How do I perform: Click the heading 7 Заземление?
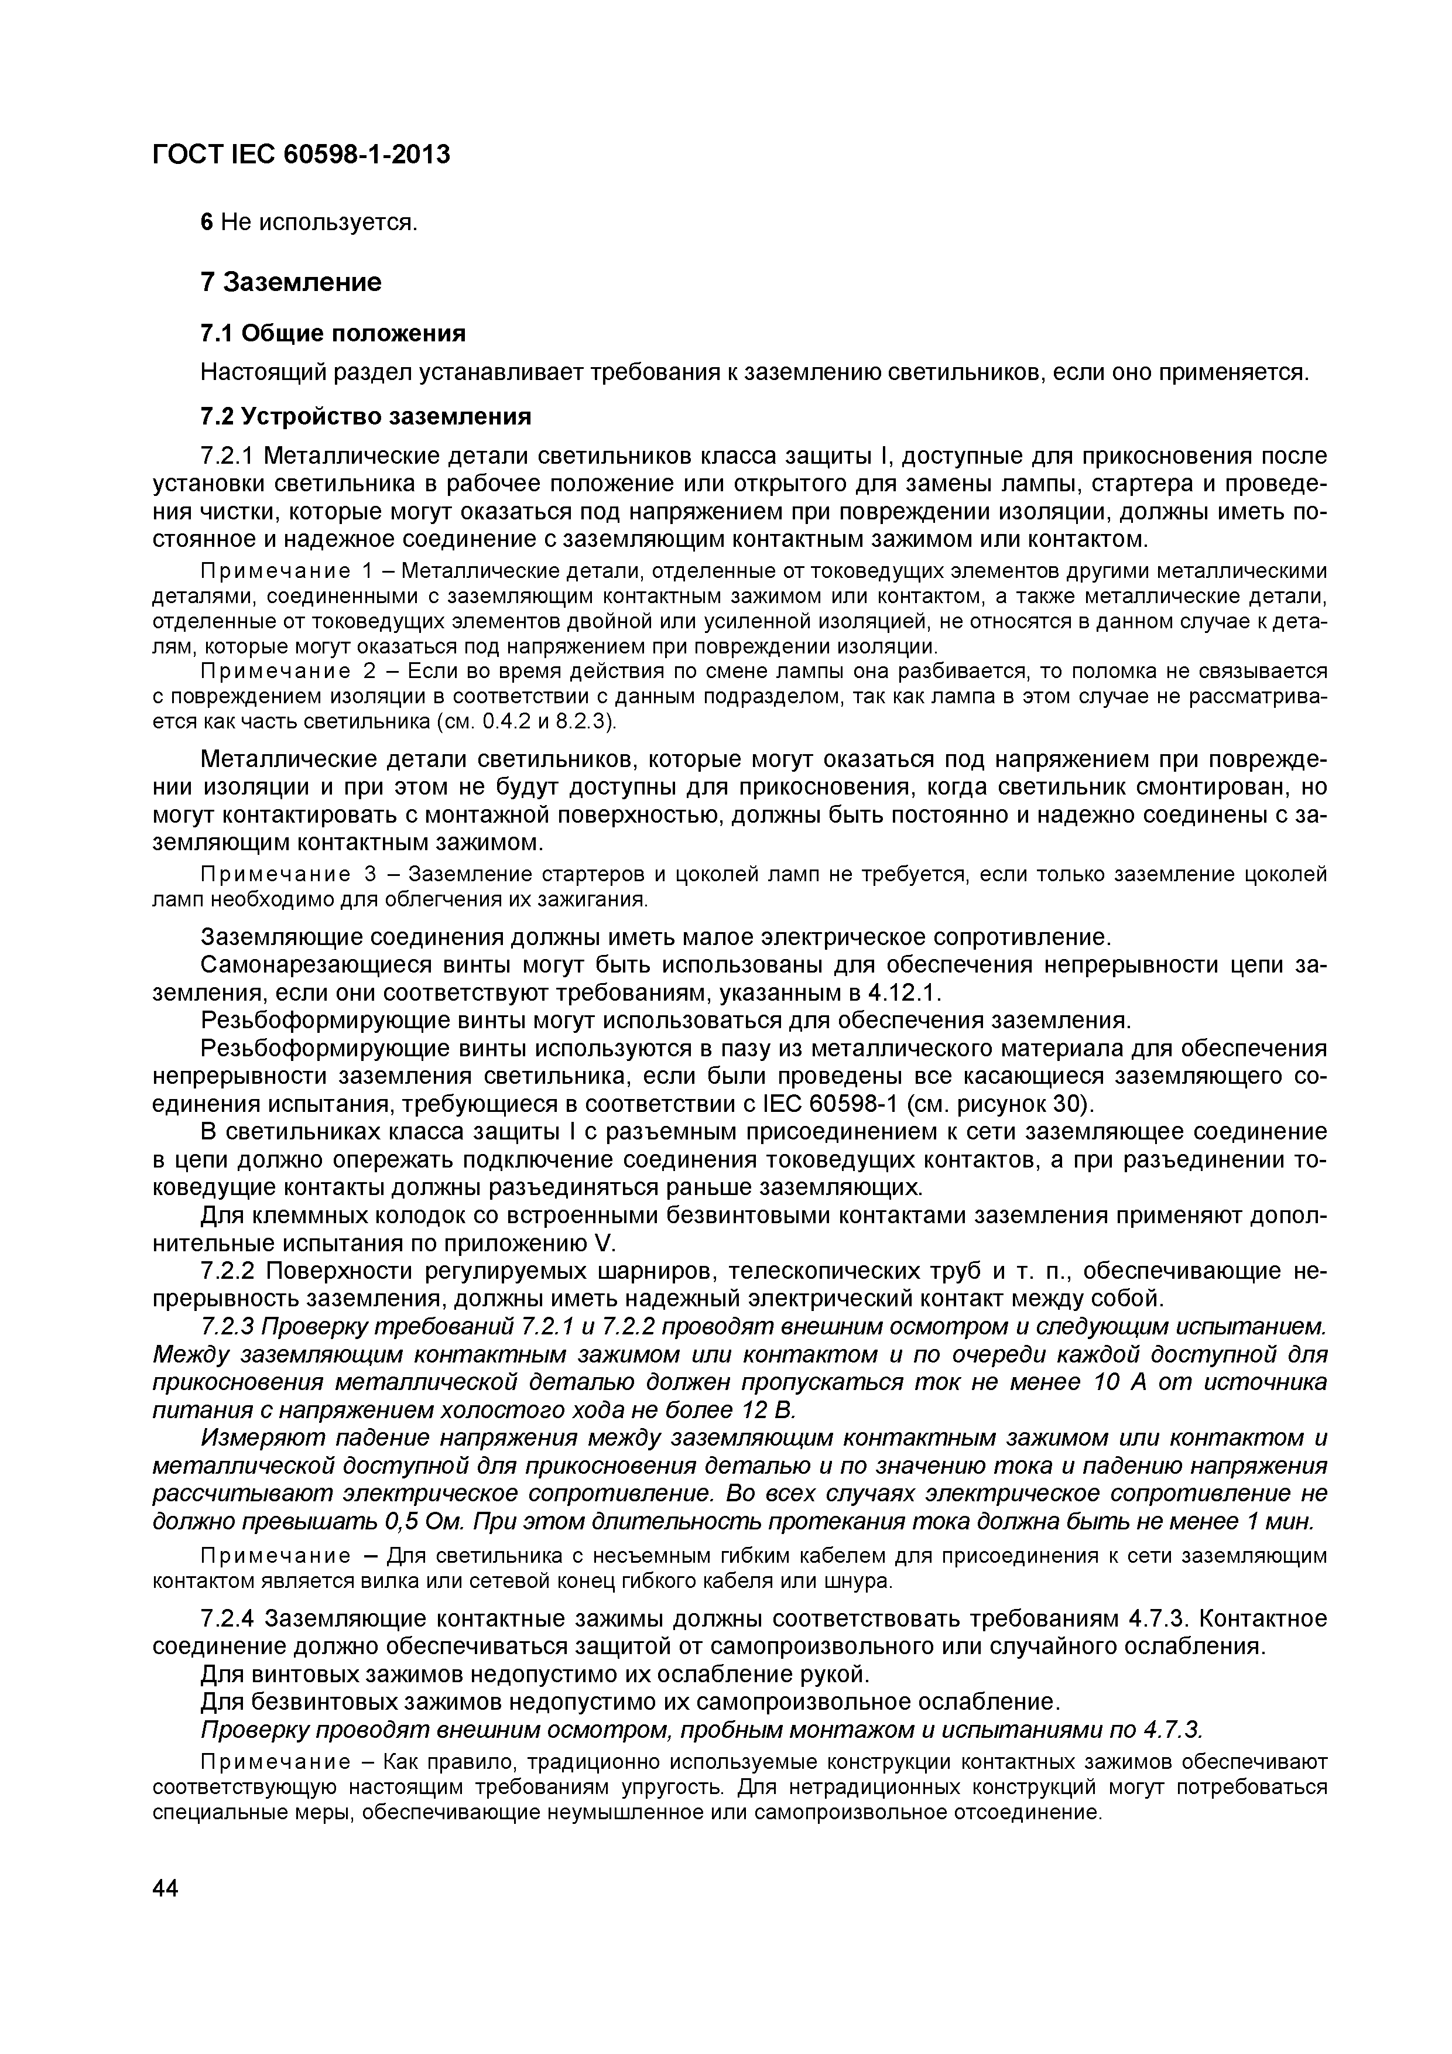coord(291,283)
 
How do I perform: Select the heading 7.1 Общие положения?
coord(333,334)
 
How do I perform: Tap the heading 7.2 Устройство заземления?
coord(365,416)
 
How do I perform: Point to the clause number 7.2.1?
coord(229,456)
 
